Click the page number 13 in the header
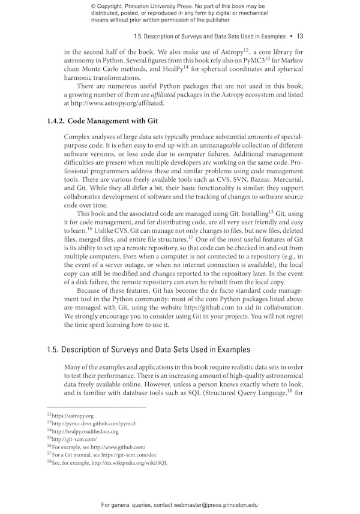click(300, 36)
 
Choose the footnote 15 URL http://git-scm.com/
click(74, 439)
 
